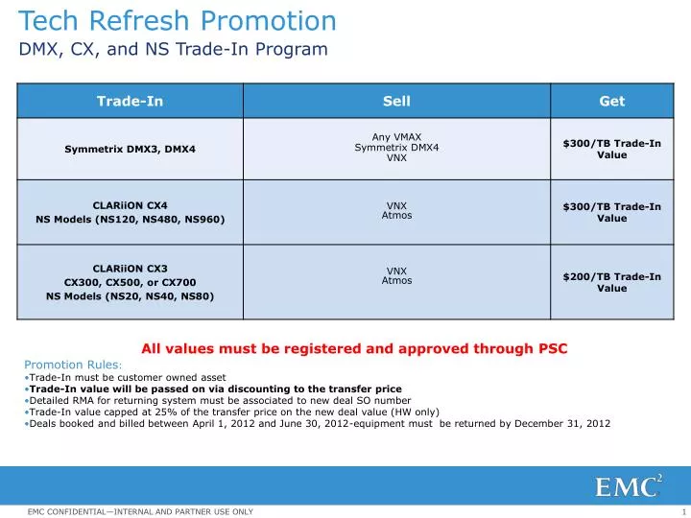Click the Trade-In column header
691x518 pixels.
pos(130,101)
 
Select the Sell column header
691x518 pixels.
pos(396,101)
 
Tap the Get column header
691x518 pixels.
pos(611,101)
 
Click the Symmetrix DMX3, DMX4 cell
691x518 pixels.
pos(130,149)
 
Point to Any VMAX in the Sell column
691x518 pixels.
pos(396,137)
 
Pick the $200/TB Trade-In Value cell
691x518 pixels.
pos(611,282)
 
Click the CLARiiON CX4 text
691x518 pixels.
pos(130,205)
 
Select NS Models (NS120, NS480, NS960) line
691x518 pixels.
pos(130,220)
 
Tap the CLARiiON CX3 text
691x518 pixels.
pos(130,268)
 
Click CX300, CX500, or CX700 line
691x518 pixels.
pos(130,282)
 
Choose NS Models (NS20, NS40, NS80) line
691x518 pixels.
pos(130,296)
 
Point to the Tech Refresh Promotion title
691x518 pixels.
pos(178,21)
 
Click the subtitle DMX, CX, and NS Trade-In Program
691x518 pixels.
pos(173,49)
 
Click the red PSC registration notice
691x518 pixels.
pos(354,349)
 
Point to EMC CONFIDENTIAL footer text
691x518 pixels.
pos(140,511)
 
